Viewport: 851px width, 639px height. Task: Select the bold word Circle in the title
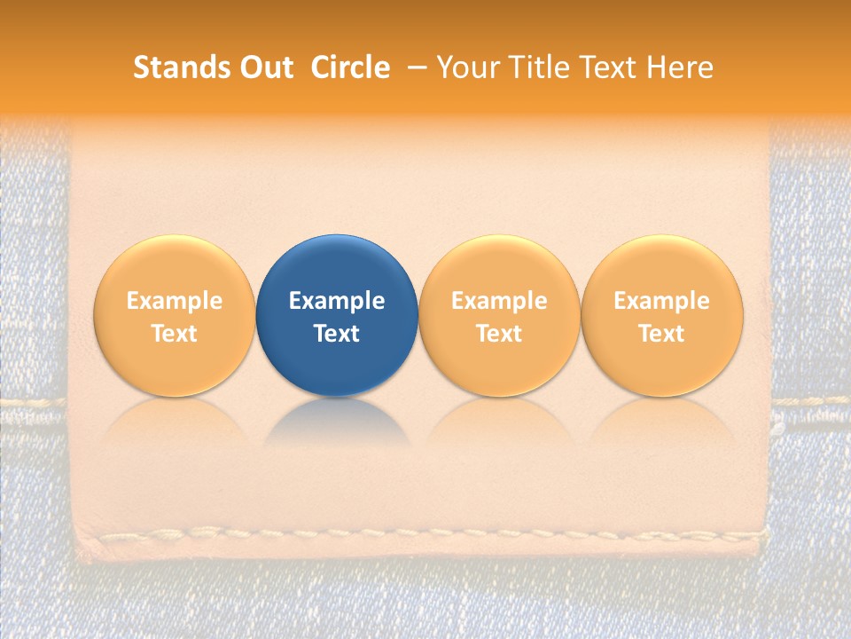(x=350, y=67)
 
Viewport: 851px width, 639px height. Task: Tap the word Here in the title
(x=681, y=67)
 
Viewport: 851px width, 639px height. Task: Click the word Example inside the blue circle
(x=337, y=301)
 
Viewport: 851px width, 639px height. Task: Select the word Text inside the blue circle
(x=337, y=334)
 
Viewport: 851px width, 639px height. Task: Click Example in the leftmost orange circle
(x=174, y=301)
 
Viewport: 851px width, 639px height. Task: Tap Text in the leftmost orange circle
(x=174, y=334)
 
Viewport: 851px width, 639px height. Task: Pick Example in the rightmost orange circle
(x=661, y=301)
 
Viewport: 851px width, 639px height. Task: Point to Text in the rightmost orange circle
(x=661, y=334)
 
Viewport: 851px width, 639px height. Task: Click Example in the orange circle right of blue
(x=499, y=301)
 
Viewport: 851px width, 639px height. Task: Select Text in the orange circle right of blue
(x=499, y=334)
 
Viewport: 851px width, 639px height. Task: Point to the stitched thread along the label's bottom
(x=425, y=535)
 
